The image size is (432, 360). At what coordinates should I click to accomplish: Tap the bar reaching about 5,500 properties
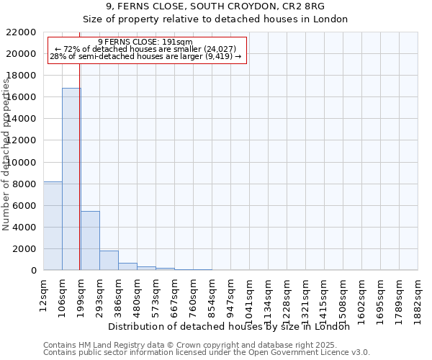click(90, 240)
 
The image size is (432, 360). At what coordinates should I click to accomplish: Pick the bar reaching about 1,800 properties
click(109, 261)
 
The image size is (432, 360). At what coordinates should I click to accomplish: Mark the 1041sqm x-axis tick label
click(250, 296)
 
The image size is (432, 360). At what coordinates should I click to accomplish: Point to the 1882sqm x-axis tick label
click(418, 296)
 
